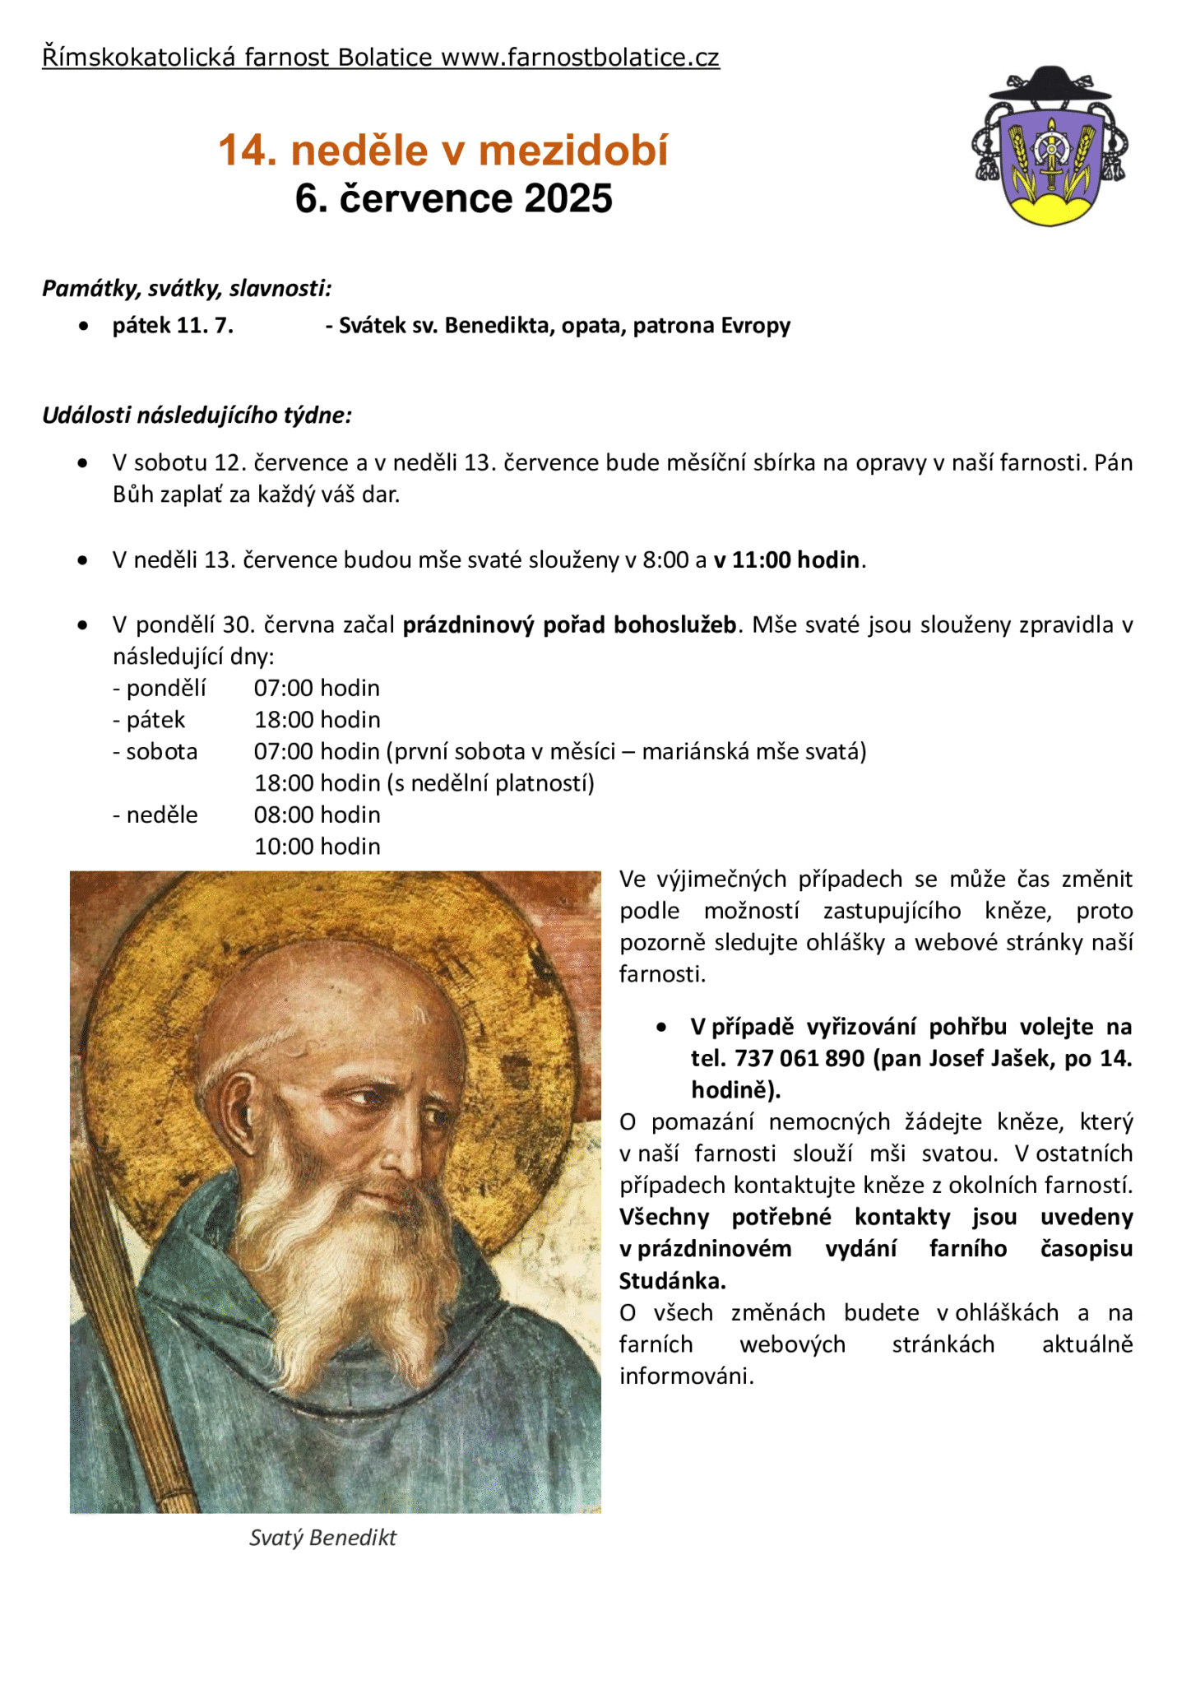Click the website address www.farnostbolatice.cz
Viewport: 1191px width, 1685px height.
[580, 58]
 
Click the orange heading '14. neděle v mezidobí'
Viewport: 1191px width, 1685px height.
[443, 151]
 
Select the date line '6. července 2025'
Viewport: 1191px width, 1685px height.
[454, 199]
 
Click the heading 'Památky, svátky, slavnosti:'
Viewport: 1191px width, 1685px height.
[188, 288]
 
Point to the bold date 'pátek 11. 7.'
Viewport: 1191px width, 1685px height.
[173, 326]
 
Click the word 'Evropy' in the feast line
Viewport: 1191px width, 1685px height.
[756, 326]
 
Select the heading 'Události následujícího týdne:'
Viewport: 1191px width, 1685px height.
[197, 415]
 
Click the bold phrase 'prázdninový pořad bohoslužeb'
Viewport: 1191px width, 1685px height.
[569, 625]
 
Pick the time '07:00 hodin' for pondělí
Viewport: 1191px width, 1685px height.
[317, 688]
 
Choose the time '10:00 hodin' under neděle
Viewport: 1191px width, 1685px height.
[317, 847]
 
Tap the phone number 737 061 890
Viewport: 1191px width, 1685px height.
[799, 1058]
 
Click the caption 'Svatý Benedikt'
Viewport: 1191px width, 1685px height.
[322, 1538]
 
